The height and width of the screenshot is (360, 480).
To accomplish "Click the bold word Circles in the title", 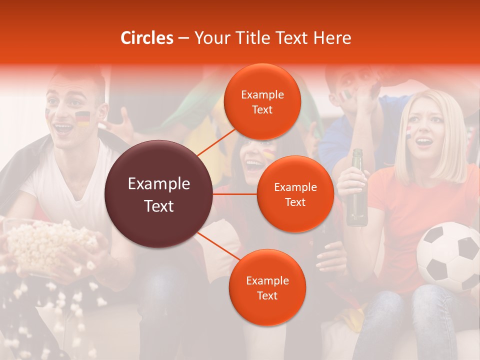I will click(x=147, y=38).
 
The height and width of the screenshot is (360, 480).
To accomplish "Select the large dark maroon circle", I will click(x=158, y=194).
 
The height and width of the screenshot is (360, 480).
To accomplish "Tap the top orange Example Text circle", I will click(x=262, y=102).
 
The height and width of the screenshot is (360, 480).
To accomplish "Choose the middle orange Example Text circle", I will click(x=295, y=194).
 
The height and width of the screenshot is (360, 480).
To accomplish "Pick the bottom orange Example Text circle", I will click(x=267, y=288).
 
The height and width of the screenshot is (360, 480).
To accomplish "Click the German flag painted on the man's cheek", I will click(x=82, y=118).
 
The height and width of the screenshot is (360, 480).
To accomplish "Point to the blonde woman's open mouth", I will click(x=424, y=142).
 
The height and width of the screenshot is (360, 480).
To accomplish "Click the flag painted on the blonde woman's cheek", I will click(x=408, y=131).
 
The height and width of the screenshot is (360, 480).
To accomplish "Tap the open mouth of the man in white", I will click(x=63, y=127).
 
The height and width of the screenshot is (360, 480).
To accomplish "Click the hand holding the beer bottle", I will click(x=350, y=179).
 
